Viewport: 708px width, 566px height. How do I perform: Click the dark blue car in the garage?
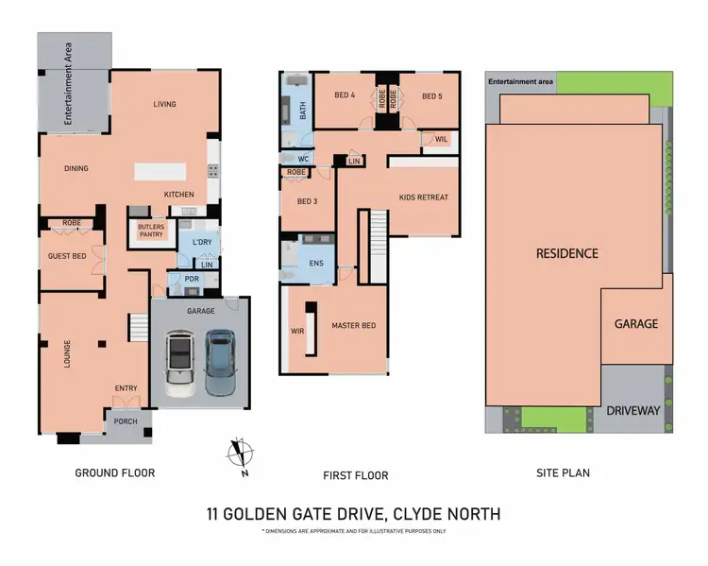[219, 361]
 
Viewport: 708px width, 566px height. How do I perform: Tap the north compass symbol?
[242, 455]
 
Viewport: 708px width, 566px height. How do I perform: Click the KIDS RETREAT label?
[424, 197]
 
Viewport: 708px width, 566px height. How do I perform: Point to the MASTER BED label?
[353, 326]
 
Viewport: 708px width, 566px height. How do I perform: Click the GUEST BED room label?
[67, 256]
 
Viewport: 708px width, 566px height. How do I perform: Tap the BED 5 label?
[431, 95]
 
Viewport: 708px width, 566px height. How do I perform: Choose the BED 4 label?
[346, 95]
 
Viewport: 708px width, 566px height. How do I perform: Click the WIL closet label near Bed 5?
[440, 140]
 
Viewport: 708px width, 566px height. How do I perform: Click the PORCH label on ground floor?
[126, 422]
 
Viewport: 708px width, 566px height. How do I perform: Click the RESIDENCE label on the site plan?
[566, 253]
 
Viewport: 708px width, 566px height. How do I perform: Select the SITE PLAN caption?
[563, 472]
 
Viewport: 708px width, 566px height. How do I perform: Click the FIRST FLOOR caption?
[357, 475]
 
